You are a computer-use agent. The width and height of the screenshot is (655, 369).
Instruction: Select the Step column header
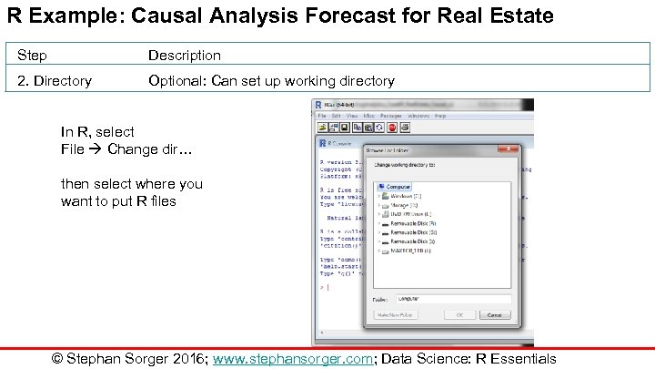[x=32, y=56]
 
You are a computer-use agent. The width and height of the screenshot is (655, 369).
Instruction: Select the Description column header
[x=185, y=56]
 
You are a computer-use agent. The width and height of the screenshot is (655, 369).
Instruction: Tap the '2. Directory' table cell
[x=55, y=81]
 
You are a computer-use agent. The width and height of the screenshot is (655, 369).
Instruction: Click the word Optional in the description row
[x=177, y=81]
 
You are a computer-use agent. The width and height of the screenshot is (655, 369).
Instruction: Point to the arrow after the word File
[x=96, y=149]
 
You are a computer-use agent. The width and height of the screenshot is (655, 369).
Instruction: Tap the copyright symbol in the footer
[x=58, y=358]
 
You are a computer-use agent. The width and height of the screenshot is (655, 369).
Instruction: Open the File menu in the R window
[x=322, y=116]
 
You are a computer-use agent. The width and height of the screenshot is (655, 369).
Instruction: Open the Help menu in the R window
[x=440, y=116]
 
